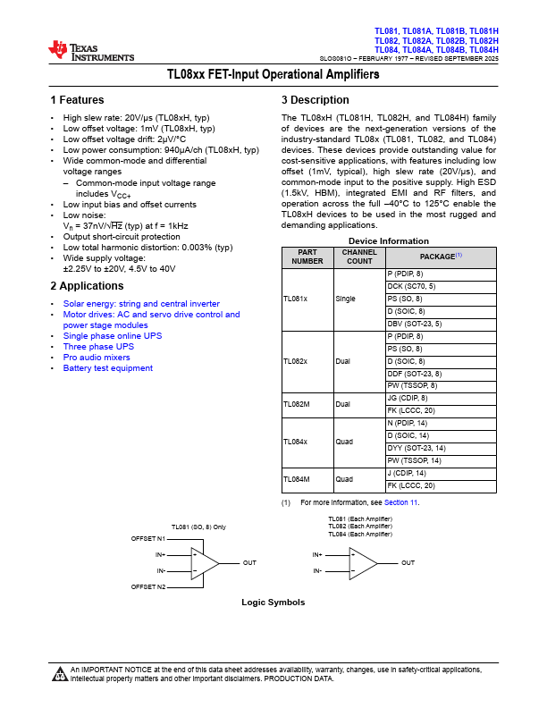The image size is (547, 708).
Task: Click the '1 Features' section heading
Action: click(77, 100)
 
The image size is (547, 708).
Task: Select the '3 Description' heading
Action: click(315, 100)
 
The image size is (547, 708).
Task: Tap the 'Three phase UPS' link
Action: click(98, 347)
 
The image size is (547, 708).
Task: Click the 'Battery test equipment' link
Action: click(107, 368)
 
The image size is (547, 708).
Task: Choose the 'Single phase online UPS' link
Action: click(113, 336)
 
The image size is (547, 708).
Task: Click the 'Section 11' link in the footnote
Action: click(401, 503)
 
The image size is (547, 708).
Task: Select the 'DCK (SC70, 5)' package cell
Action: click(412, 286)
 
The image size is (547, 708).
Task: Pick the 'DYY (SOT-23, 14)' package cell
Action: click(417, 448)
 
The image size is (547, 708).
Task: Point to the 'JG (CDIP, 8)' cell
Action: click(408, 398)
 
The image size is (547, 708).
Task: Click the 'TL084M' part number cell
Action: click(297, 479)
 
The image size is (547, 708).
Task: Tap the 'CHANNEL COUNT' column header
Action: click(359, 257)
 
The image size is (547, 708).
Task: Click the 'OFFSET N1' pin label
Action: click(147, 539)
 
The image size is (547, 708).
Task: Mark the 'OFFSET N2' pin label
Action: click(147, 586)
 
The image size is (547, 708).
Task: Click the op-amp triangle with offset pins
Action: click(205, 563)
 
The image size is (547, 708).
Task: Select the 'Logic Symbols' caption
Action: click(273, 603)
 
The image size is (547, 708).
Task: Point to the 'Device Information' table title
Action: click(389, 241)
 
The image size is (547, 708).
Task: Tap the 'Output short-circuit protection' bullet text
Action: click(122, 237)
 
